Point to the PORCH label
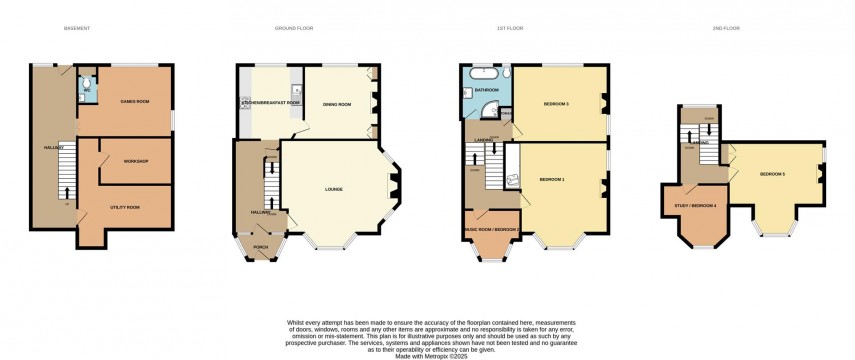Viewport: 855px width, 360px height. pyautogui.click(x=261, y=249)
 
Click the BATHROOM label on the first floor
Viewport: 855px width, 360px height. pyautogui.click(x=487, y=91)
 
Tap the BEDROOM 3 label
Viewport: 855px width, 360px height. pyautogui.click(x=556, y=104)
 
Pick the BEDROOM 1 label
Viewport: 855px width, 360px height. pyautogui.click(x=552, y=179)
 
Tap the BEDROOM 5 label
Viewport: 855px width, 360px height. pyautogui.click(x=772, y=175)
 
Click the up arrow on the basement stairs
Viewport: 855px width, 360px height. pyautogui.click(x=67, y=191)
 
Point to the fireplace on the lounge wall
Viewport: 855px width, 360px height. pyautogui.click(x=392, y=181)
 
